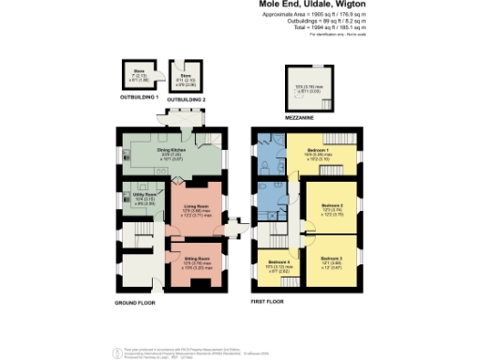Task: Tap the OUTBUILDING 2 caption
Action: pos(187,97)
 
